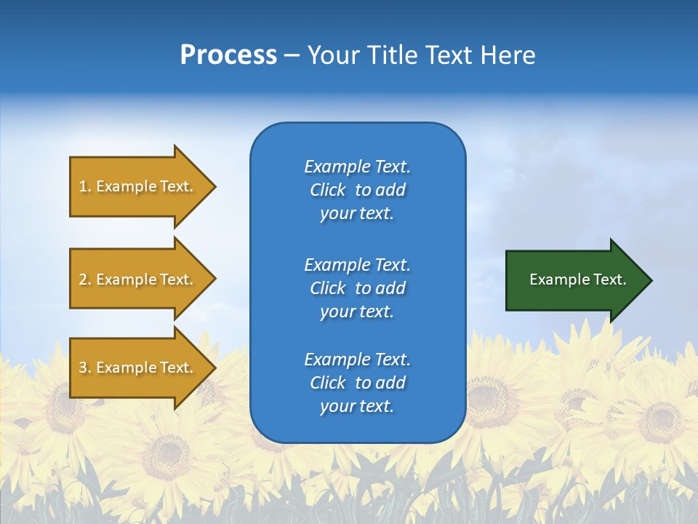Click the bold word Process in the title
click(228, 55)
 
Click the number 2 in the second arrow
click(83, 279)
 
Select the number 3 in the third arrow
click(83, 368)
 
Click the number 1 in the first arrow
click(83, 186)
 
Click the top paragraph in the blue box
click(357, 190)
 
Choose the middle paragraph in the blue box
click(357, 288)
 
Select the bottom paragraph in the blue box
click(357, 383)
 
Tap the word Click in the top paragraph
click(327, 190)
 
